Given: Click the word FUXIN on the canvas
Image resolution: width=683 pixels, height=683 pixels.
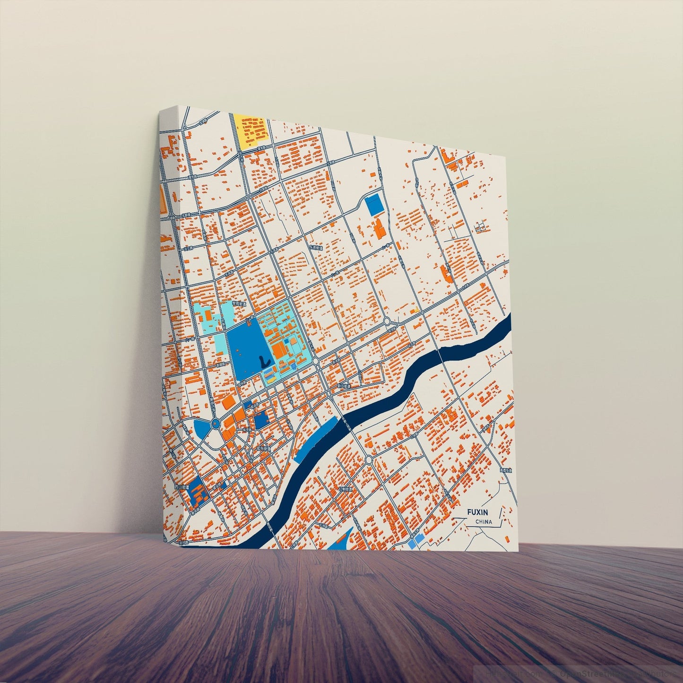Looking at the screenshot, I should [x=478, y=512].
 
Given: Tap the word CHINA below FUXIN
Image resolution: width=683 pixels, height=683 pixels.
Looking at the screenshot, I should [x=484, y=522].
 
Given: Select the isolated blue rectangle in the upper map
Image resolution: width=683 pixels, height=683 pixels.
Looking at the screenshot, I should [x=375, y=204].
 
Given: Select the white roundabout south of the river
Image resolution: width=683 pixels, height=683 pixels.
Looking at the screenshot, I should [x=369, y=459].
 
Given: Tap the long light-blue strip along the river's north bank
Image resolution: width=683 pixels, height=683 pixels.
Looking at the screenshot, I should [x=316, y=440].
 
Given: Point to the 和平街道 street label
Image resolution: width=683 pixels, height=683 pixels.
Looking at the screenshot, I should [x=263, y=448].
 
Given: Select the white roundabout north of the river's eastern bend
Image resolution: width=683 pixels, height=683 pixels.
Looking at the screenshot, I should [x=387, y=321].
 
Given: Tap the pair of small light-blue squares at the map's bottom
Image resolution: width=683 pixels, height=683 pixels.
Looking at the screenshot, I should [x=415, y=542].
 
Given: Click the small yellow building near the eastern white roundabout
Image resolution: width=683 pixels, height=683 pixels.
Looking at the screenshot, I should [x=413, y=311].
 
